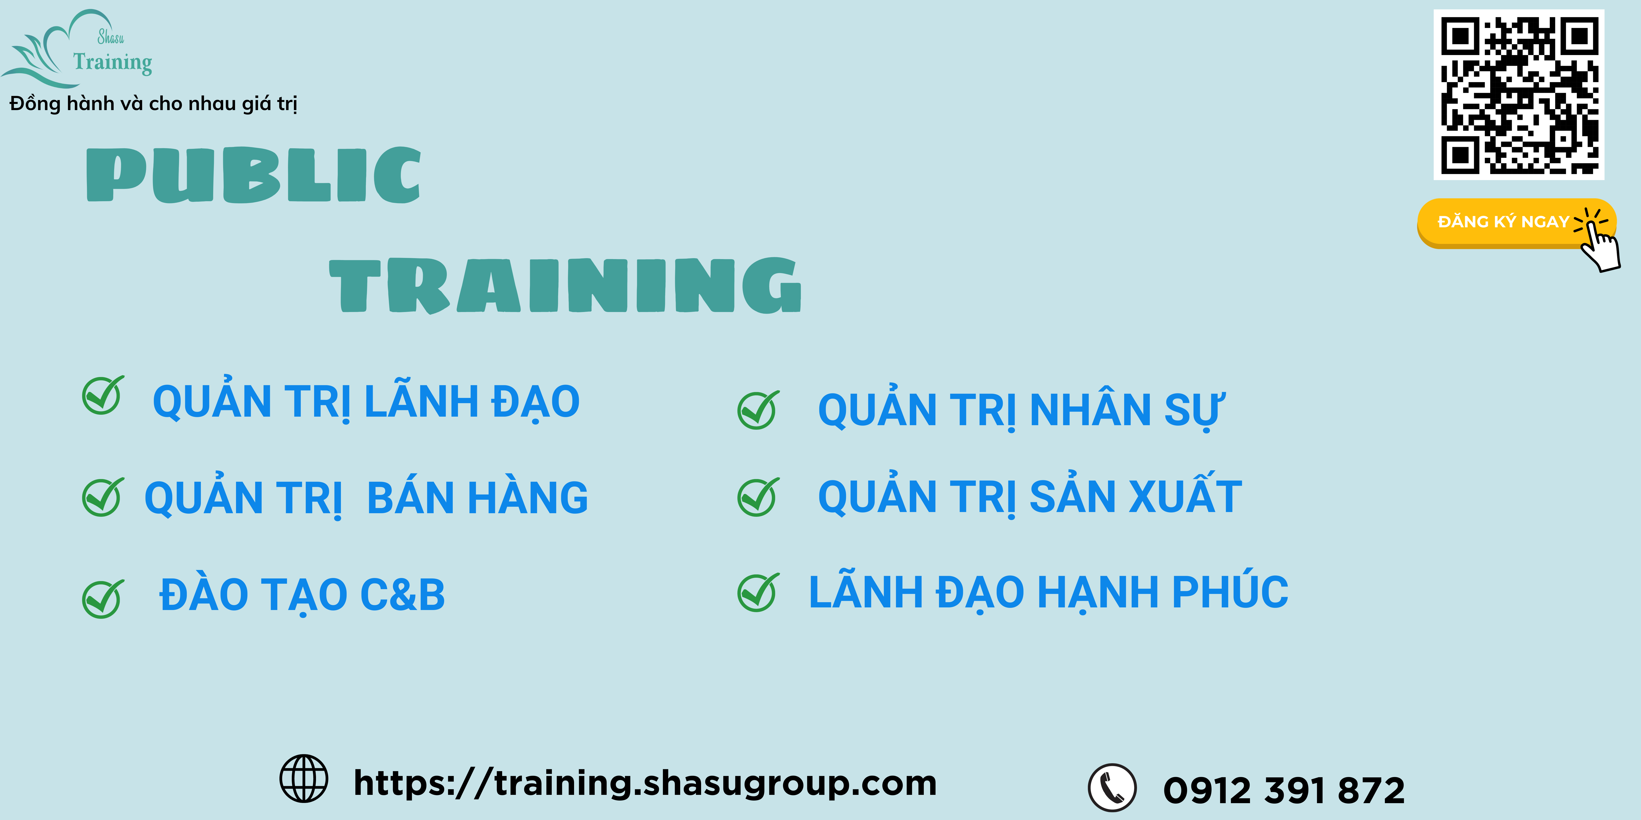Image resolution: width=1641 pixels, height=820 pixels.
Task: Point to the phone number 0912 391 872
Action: [x=1284, y=790]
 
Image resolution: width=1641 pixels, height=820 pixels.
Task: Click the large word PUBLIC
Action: [x=254, y=175]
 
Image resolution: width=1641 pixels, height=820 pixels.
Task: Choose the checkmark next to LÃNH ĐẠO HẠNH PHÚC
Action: [x=758, y=592]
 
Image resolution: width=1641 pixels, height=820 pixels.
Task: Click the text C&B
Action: [x=403, y=595]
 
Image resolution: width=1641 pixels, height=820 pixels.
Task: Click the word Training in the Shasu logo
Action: [x=113, y=62]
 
